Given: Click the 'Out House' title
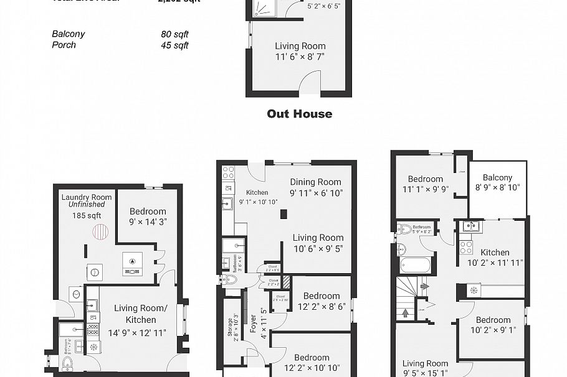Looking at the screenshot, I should [299, 114].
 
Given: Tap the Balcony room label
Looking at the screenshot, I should [497, 177].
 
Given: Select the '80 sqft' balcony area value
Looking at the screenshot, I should [174, 34].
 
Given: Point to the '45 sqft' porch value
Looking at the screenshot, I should [174, 45].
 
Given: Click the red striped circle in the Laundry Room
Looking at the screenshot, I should [100, 232].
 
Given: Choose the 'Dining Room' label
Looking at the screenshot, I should [316, 182].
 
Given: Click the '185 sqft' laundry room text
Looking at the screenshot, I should [87, 216].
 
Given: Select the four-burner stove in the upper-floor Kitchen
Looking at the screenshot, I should [466, 247].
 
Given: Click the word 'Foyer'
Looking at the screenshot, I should [254, 325].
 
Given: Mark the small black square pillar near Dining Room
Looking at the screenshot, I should [283, 214].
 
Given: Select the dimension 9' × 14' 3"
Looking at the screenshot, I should [148, 221].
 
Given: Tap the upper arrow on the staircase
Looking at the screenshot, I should [425, 286].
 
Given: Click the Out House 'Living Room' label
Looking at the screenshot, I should [300, 46].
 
